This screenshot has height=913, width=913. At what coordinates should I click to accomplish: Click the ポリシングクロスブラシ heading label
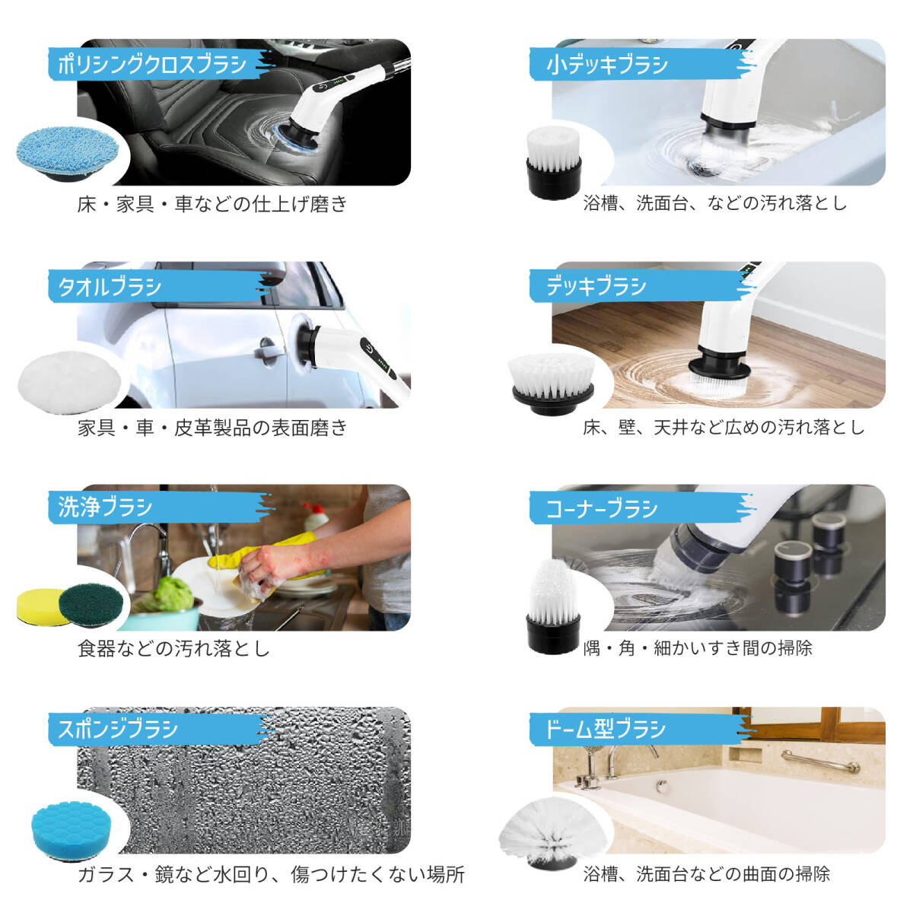tap(152, 64)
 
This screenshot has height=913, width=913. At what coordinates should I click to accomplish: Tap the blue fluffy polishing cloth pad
tap(67, 151)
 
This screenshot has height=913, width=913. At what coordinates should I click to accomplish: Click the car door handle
tap(266, 347)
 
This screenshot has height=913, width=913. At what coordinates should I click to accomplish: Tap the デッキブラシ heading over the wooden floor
tap(596, 287)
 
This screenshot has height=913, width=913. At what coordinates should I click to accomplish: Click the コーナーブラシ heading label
tap(601, 508)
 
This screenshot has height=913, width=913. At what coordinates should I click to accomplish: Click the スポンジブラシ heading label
tap(118, 730)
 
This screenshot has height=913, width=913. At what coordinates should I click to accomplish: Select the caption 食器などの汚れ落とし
tap(173, 649)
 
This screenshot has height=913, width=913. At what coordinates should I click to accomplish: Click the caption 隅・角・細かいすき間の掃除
tap(697, 648)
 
